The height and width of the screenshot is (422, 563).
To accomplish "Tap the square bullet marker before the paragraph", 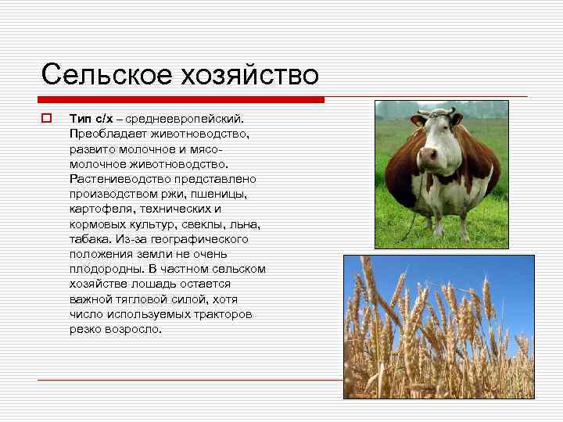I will coord(46,119).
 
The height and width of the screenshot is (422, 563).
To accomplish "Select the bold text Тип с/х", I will coord(91,119).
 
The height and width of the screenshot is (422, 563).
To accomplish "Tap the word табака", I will coord(89,239).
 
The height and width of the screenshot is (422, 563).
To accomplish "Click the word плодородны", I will coord(105,269).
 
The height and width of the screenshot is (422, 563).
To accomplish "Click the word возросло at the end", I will coord(132,329).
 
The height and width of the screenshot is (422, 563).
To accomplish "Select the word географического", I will coord(196,239).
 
